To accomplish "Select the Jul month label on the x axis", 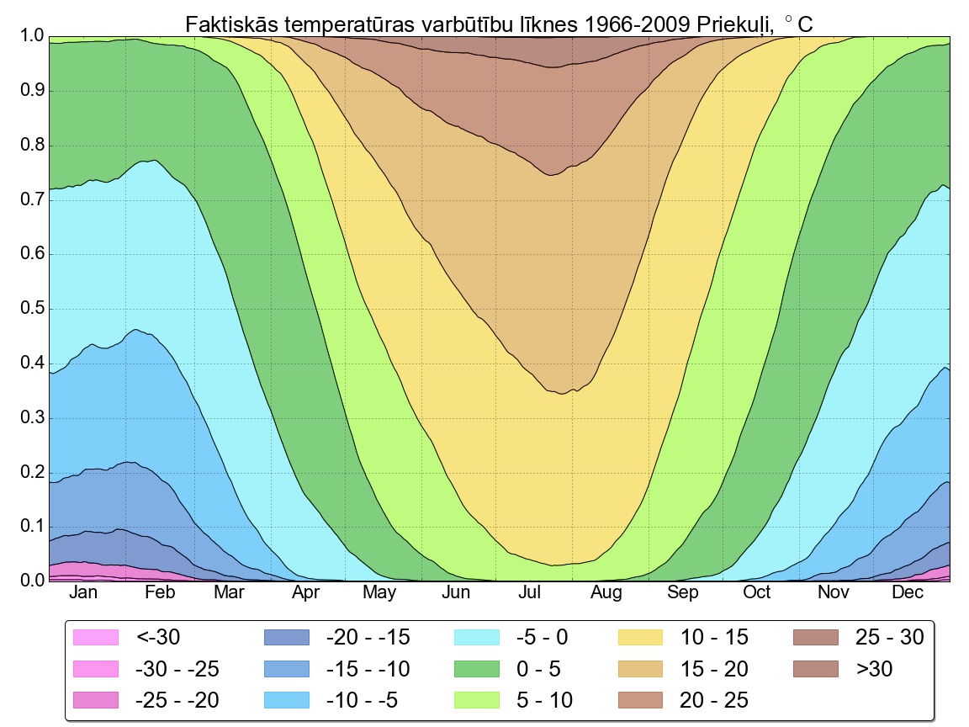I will (530, 592).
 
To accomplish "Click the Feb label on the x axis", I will (160, 592).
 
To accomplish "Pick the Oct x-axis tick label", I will (756, 592).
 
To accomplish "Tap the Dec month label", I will (908, 592).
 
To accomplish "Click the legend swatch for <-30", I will (97, 637).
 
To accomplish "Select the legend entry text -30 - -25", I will (177, 669).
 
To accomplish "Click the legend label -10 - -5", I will (362, 699).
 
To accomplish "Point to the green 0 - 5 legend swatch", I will (477, 669).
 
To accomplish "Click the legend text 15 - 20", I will (714, 669).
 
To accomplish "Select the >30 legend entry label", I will (874, 669).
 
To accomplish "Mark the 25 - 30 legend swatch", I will (816, 637).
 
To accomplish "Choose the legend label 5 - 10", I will (542, 699).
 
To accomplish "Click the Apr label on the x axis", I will (305, 592).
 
